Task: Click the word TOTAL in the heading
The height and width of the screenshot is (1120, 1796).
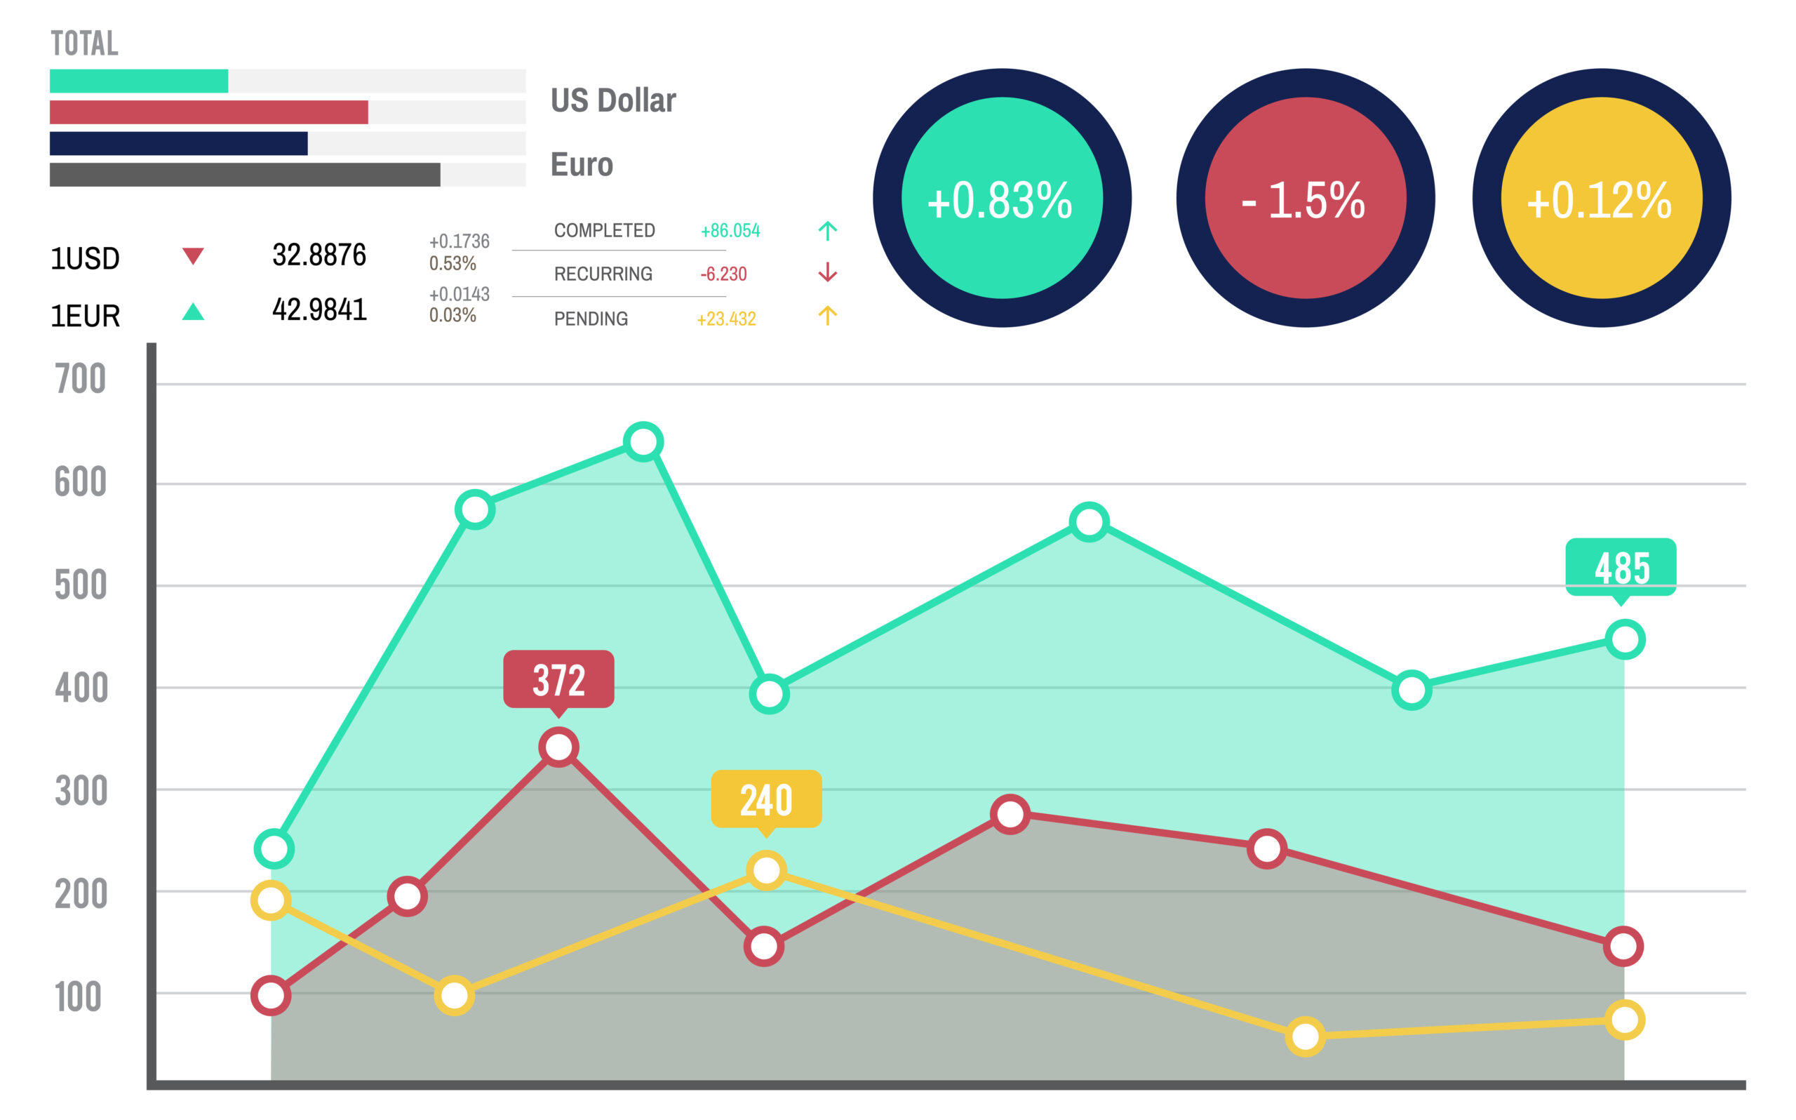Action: (x=84, y=44)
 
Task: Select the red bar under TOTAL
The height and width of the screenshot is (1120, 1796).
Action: (x=208, y=112)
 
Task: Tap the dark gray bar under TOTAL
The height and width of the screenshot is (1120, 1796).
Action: (x=244, y=175)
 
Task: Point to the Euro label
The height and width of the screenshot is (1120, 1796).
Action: (x=582, y=164)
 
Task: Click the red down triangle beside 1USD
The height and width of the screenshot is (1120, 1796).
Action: (x=192, y=256)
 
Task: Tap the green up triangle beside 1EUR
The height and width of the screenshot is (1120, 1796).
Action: (x=192, y=312)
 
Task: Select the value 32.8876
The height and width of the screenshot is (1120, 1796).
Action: (x=319, y=255)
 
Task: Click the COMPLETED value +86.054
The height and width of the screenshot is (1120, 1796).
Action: (x=730, y=230)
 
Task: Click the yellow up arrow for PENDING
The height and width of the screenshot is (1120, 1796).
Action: (x=827, y=316)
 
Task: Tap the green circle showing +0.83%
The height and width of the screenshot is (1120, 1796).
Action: (x=1002, y=198)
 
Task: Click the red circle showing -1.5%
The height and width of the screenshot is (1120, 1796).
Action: (x=1305, y=198)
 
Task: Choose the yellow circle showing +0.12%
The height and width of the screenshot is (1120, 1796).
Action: (x=1600, y=198)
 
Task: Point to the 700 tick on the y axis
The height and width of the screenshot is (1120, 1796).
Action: (x=80, y=379)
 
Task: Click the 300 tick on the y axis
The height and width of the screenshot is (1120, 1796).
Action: (x=81, y=791)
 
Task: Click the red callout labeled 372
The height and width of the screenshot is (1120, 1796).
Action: (x=558, y=679)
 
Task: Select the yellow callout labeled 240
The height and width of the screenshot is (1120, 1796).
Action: (x=766, y=799)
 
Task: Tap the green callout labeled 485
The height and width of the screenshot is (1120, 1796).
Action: (x=1621, y=568)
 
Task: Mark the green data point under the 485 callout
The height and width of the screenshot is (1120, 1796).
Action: (x=1624, y=639)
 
